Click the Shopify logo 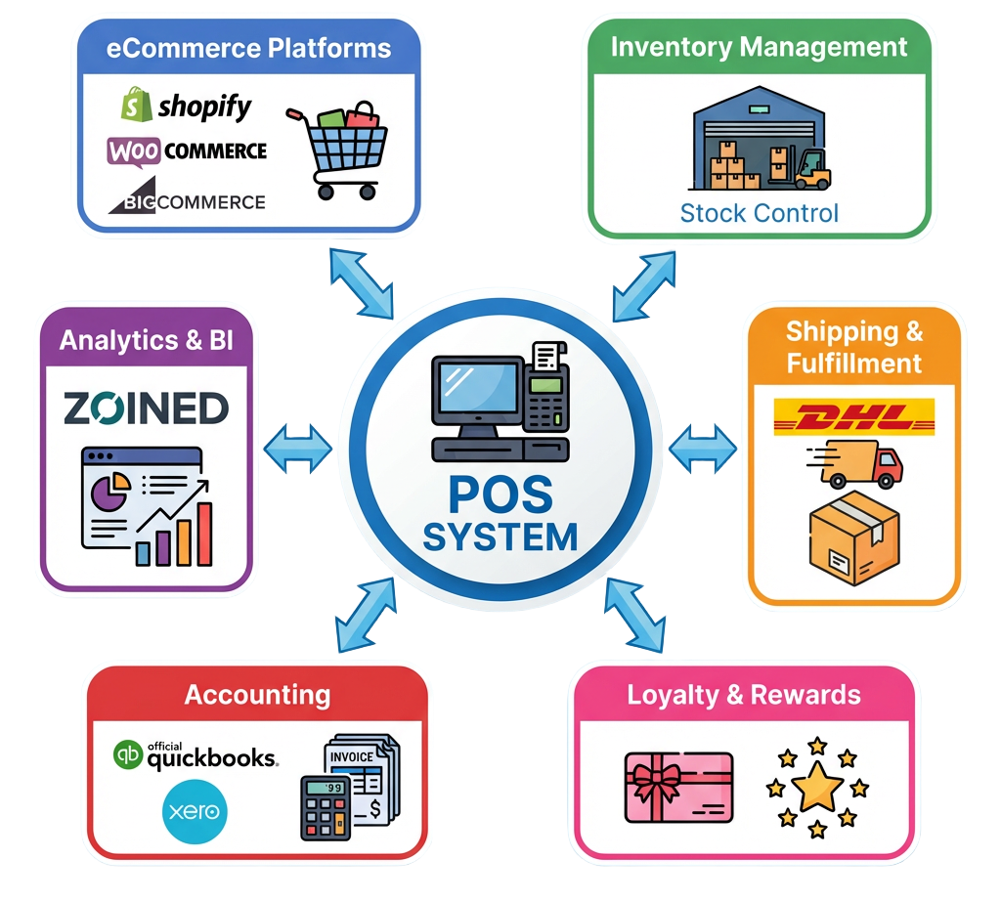tap(186, 106)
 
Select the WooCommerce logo tap(187, 150)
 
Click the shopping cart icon tap(336, 146)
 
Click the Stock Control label tap(759, 212)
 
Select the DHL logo tap(853, 417)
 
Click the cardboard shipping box tap(853, 538)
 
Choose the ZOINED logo tap(146, 408)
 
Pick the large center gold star tap(818, 788)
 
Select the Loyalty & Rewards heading tap(744, 695)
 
